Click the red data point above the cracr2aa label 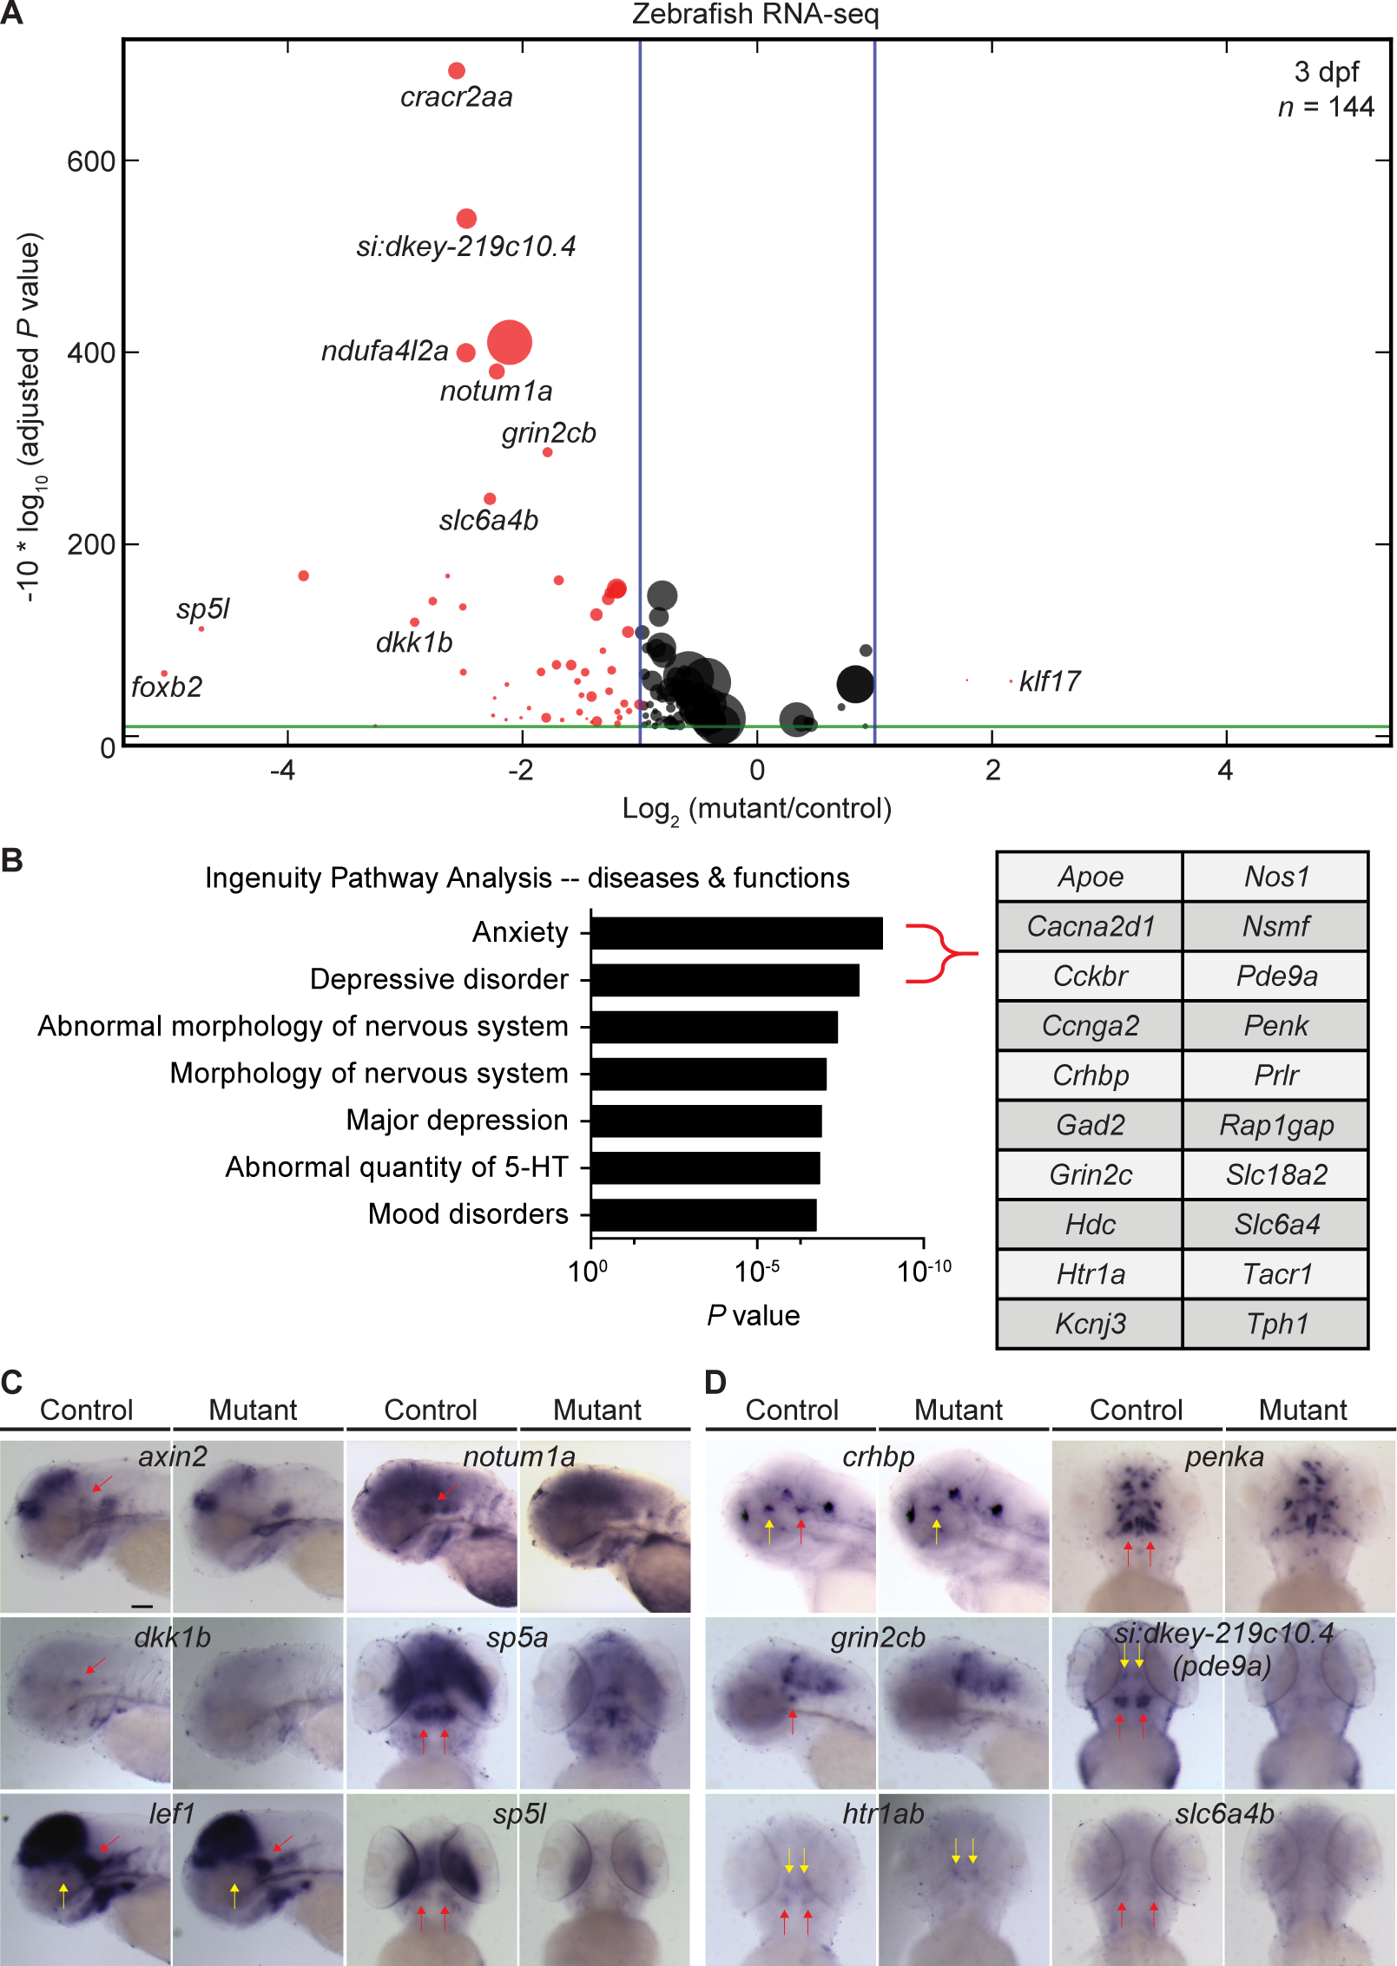tap(457, 71)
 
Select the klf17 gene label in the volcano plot tap(1050, 681)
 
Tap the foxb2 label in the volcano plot tap(166, 687)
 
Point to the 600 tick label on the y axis tap(90, 161)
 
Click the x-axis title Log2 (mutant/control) tap(756, 809)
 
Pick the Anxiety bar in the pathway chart tap(736, 933)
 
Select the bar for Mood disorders tap(703, 1215)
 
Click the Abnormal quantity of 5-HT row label tap(397, 1167)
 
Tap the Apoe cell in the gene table tap(1090, 877)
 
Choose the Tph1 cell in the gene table tap(1275, 1324)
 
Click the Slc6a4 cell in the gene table tap(1275, 1224)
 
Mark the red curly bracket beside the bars tap(939, 954)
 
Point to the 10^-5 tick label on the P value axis tap(756, 1272)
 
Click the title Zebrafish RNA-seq tap(755, 14)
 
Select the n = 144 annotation tap(1325, 107)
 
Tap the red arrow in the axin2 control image tap(102, 1483)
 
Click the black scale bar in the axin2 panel tap(142, 1606)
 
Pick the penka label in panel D tap(1224, 1456)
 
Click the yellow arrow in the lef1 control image tap(63, 1894)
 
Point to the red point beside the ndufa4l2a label tap(466, 352)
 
